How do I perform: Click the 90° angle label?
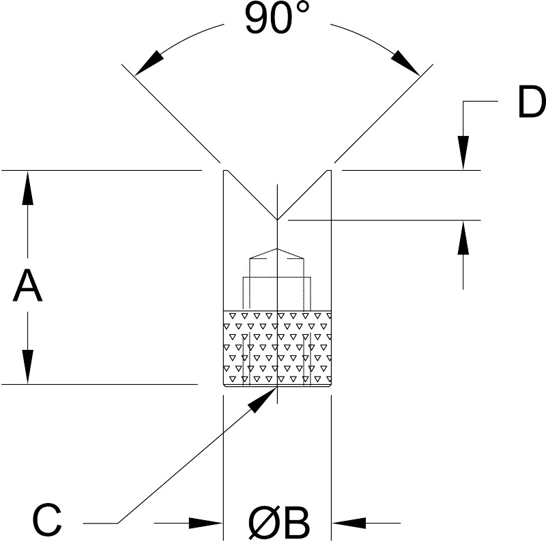coord(277,18)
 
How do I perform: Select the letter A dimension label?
coord(27,284)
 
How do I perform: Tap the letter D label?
coord(532,102)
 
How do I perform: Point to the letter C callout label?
coord(47,519)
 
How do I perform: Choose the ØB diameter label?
coord(279,523)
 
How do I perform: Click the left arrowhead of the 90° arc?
coord(149,64)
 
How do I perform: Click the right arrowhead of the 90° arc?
coord(405,64)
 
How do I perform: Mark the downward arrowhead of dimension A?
coord(27,367)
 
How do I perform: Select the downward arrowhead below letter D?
coord(463,153)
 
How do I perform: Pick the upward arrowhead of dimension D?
coord(463,238)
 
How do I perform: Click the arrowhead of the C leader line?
coord(262,400)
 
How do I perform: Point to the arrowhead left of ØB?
coord(205,523)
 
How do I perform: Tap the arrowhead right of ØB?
coord(349,523)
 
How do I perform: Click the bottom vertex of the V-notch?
coord(277,220)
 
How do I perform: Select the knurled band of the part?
coord(277,348)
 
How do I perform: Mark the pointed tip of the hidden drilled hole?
coord(277,248)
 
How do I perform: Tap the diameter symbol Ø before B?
coord(263,523)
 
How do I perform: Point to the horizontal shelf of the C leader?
coord(100,523)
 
